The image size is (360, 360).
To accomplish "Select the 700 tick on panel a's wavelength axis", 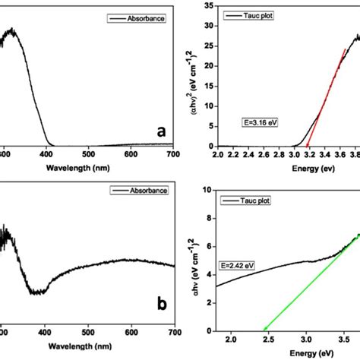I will pos(173,155).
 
